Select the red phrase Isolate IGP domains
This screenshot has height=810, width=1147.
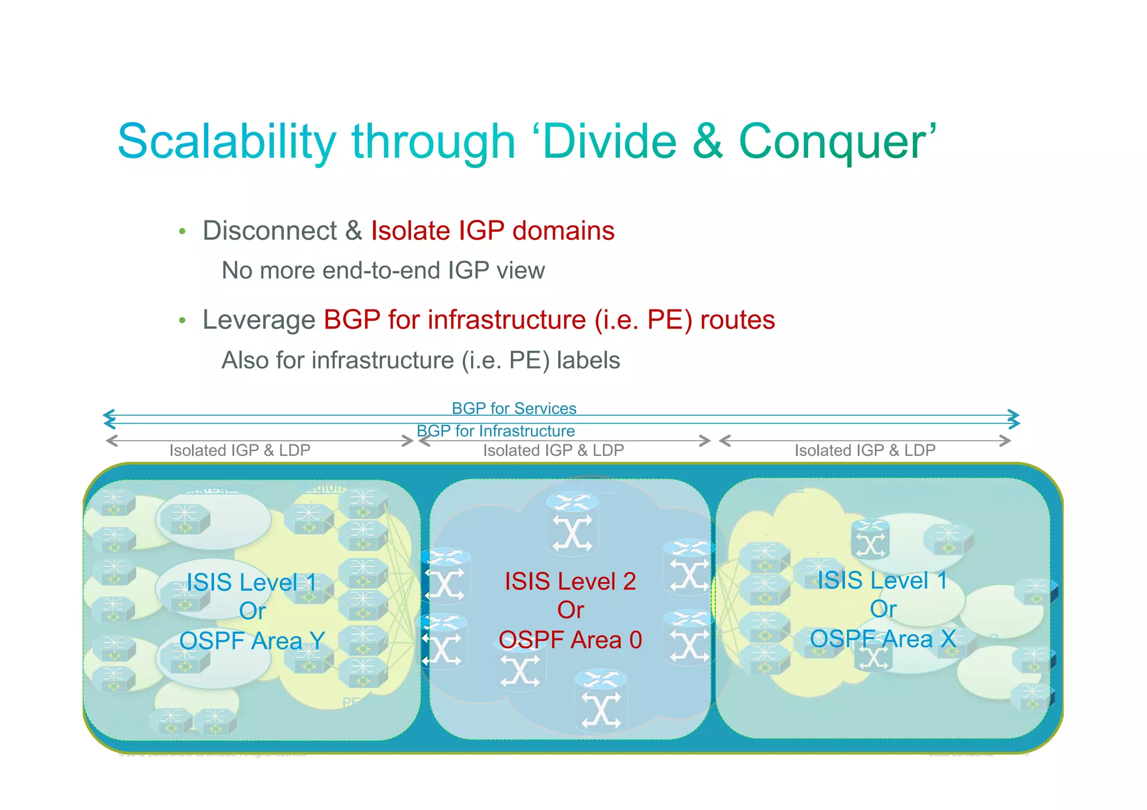coord(492,231)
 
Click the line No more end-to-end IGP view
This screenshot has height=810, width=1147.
coord(383,271)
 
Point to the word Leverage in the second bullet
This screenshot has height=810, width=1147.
coord(259,321)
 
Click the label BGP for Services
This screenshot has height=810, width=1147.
coord(514,408)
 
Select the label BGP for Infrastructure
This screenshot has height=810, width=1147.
coord(496,431)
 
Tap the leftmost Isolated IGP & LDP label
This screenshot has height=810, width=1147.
coord(240,451)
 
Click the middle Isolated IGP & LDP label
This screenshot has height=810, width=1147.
coord(553,451)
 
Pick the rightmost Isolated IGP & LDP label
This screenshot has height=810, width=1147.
coord(865,451)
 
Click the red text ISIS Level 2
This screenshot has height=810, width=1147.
coord(570,582)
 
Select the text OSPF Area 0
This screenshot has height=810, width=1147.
coord(570,640)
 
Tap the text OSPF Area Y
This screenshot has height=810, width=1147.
coord(252,641)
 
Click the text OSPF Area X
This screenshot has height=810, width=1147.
coord(883,639)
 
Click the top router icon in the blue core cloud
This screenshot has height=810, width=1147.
coord(572,523)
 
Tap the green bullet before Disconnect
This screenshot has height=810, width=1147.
coord(182,232)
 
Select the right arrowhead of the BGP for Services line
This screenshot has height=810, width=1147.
coord(1013,415)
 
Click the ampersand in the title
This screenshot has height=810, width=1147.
coord(707,142)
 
